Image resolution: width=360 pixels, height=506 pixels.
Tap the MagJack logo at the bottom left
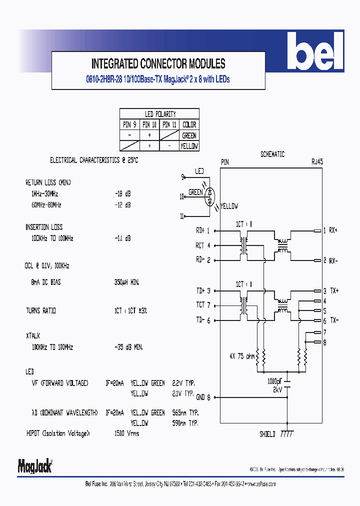(35, 466)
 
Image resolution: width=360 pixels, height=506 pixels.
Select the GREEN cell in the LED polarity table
(189, 135)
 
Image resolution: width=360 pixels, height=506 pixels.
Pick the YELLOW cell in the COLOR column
(189, 146)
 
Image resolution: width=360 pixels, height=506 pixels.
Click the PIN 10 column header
(149, 124)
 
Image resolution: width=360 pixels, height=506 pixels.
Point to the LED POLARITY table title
(160, 114)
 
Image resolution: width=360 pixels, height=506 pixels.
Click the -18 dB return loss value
(123, 193)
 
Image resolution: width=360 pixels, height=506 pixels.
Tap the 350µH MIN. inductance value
(127, 282)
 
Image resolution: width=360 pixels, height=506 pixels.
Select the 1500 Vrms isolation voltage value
(127, 433)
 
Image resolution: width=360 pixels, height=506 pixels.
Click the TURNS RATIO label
(41, 310)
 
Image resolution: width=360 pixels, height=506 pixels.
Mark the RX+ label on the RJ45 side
(333, 230)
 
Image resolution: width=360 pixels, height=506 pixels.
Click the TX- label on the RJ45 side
(333, 320)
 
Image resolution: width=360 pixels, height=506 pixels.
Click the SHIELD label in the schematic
(267, 434)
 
